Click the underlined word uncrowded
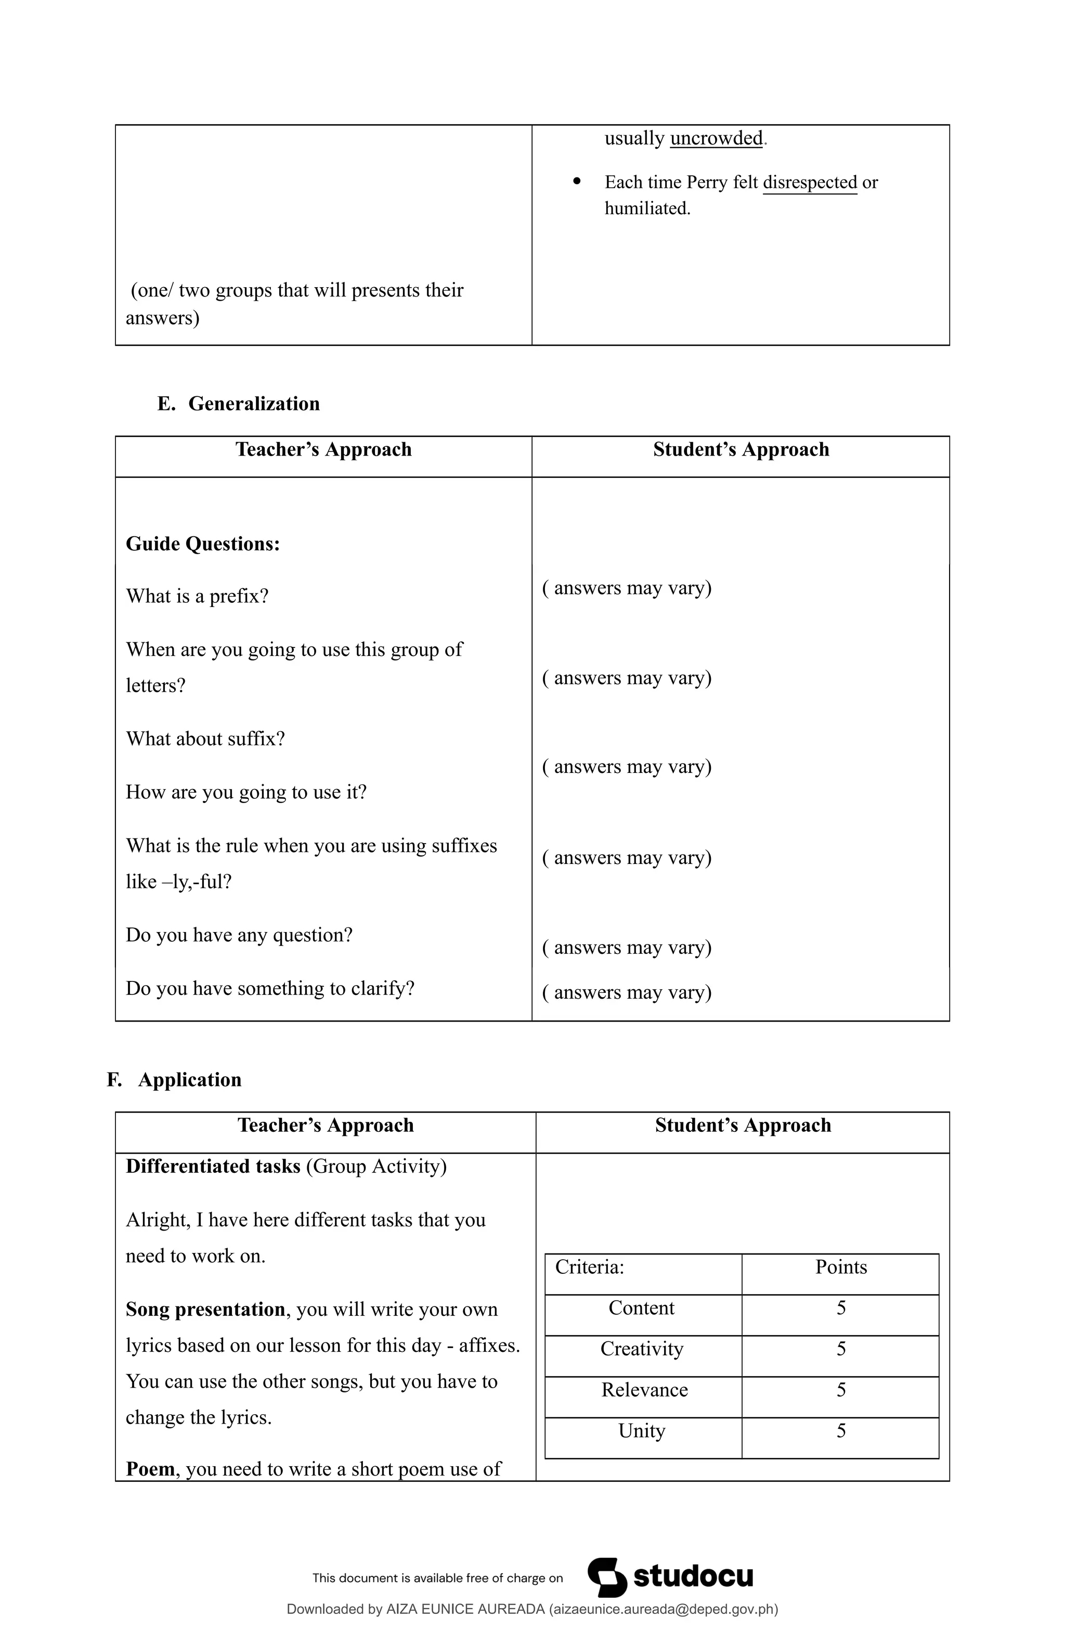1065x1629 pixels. (716, 138)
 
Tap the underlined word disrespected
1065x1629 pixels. (810, 182)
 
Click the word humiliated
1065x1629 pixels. (647, 208)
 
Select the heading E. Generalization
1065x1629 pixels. (238, 403)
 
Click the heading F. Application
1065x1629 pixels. (175, 1079)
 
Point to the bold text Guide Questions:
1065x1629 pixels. (203, 544)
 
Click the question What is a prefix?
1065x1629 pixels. (197, 596)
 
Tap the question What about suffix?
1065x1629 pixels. (205, 739)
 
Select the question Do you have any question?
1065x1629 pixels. (239, 935)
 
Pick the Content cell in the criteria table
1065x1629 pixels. (641, 1308)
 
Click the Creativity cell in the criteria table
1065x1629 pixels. (641, 1349)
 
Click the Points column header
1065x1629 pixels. (840, 1267)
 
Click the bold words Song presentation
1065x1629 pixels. (205, 1309)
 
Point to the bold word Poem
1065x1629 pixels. (150, 1469)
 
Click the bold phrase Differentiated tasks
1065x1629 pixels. (213, 1166)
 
